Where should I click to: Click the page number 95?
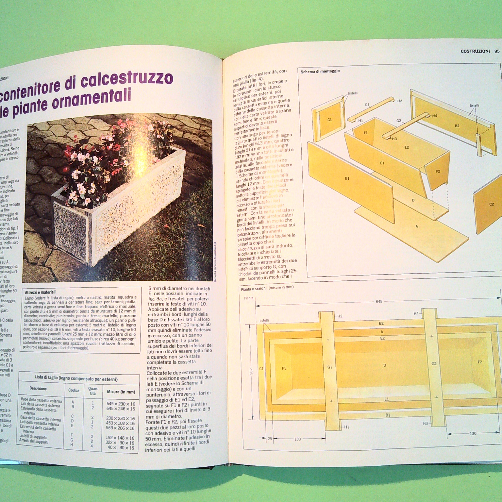[x=497, y=51]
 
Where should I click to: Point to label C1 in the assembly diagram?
[x=329, y=120]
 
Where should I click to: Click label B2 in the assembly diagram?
[x=457, y=126]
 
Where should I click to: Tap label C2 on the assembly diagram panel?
[x=491, y=204]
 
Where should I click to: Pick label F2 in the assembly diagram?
[x=438, y=172]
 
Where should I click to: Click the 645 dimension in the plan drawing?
[x=379, y=301]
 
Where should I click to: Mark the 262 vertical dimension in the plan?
[x=251, y=371]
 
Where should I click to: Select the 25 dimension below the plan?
[x=270, y=439]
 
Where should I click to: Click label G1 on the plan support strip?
[x=329, y=367]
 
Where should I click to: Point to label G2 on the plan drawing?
[x=434, y=363]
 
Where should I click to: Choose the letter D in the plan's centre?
[x=385, y=365]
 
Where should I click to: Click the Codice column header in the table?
[x=74, y=390]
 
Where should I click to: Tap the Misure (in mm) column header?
[x=121, y=392]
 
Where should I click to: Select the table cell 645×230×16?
[x=121, y=404]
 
